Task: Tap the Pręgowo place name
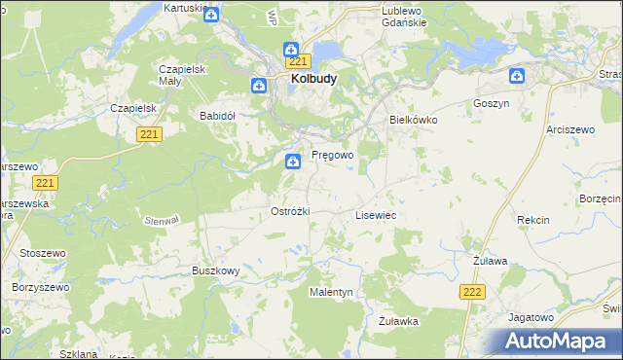332,155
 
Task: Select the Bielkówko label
414,119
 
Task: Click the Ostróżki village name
290,211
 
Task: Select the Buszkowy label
215,270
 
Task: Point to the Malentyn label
332,292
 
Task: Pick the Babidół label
218,115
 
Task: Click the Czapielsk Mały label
180,75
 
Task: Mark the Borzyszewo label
37,288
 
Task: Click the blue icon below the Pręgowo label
292,162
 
